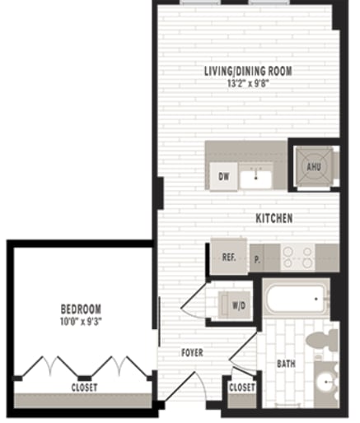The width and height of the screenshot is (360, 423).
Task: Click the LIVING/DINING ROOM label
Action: point(248,71)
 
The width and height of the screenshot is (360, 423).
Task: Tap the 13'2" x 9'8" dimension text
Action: point(248,82)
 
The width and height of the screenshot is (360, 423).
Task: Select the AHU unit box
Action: point(313,165)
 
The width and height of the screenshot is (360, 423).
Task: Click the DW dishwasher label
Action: point(223,176)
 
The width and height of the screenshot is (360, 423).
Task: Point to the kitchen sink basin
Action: point(257,176)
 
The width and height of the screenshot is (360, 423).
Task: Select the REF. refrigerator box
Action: point(229,257)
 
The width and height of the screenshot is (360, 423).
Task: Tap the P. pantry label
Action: point(257,258)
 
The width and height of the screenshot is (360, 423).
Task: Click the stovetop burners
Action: point(297,257)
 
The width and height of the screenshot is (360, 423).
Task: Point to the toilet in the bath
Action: point(320,340)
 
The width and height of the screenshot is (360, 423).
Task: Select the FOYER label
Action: point(191,353)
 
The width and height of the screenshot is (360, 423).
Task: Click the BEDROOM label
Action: point(81,309)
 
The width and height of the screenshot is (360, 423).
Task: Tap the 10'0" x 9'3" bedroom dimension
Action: point(81,321)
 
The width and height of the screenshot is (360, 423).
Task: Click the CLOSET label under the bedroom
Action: point(83,387)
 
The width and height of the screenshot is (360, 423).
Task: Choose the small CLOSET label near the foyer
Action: point(241,387)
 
